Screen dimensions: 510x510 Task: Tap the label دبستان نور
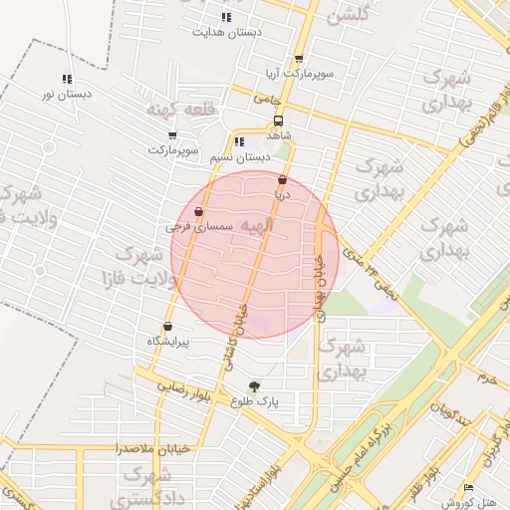[67, 94]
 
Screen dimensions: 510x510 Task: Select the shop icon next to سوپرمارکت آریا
[299, 60]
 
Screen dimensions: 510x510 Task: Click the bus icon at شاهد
[278, 120]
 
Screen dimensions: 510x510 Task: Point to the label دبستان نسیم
[241, 157]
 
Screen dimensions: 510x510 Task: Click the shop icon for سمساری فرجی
[198, 211]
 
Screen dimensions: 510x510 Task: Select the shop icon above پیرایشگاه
[166, 326]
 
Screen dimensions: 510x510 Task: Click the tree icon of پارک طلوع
[254, 386]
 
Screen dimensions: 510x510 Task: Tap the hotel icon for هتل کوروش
[468, 488]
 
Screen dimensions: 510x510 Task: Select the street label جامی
[270, 100]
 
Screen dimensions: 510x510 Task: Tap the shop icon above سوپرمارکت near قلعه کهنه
[172, 135]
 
